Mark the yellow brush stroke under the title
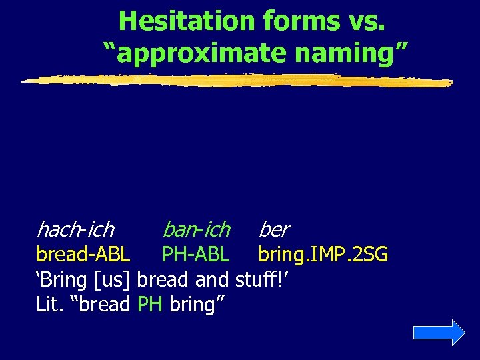237,80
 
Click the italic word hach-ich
75,230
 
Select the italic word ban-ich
196,230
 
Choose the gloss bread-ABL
83,255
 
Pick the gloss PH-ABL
196,255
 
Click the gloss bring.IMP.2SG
323,255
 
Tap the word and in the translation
213,279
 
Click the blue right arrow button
439,332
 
